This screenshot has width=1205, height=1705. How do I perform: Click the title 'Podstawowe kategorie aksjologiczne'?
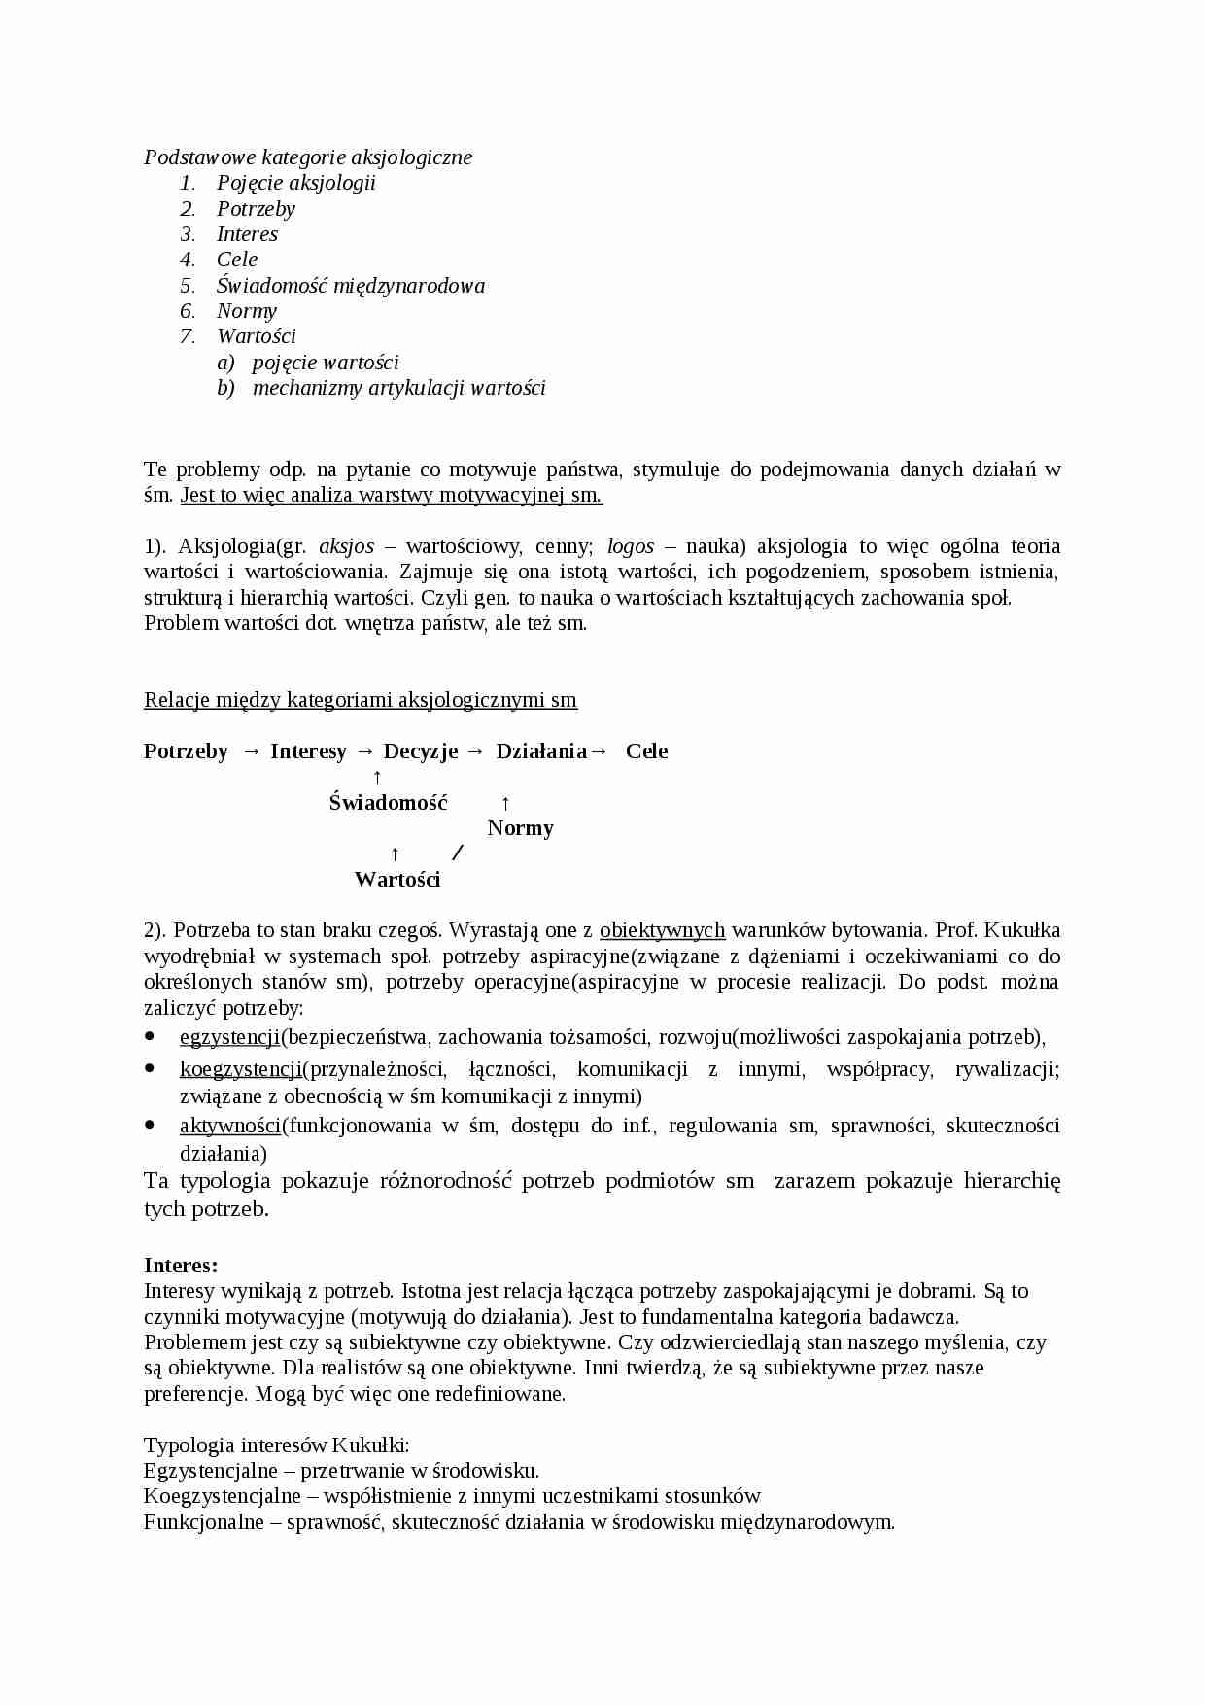(x=308, y=157)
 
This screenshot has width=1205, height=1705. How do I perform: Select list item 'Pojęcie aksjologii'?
(x=295, y=183)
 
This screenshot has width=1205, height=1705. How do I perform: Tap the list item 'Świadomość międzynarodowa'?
(x=350, y=285)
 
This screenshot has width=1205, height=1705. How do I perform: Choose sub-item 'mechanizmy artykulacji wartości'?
(x=398, y=388)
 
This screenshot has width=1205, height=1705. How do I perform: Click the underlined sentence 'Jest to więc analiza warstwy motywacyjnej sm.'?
(x=391, y=495)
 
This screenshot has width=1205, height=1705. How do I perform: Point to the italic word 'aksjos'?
(x=346, y=546)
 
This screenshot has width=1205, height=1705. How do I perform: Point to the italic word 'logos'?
(x=630, y=546)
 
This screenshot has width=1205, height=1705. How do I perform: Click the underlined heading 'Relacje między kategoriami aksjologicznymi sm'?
(x=360, y=700)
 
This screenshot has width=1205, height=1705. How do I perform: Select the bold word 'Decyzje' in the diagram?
(x=420, y=751)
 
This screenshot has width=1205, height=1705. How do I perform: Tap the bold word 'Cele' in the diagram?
(x=646, y=751)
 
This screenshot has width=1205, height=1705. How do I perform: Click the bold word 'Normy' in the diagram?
(x=520, y=828)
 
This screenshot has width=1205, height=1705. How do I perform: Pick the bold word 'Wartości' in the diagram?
(x=397, y=880)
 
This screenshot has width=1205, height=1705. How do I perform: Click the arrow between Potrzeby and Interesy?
(x=251, y=751)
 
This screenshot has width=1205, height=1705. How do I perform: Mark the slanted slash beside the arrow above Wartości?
(x=459, y=853)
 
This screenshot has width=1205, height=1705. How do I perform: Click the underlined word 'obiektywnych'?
(x=662, y=930)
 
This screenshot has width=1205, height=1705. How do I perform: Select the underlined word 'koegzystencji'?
(x=241, y=1070)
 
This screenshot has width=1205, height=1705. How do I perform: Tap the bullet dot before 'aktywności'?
(x=150, y=1124)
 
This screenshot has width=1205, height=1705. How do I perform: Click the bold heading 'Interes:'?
(x=181, y=1266)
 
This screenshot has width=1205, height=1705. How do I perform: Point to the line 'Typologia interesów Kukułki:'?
(x=276, y=1444)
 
